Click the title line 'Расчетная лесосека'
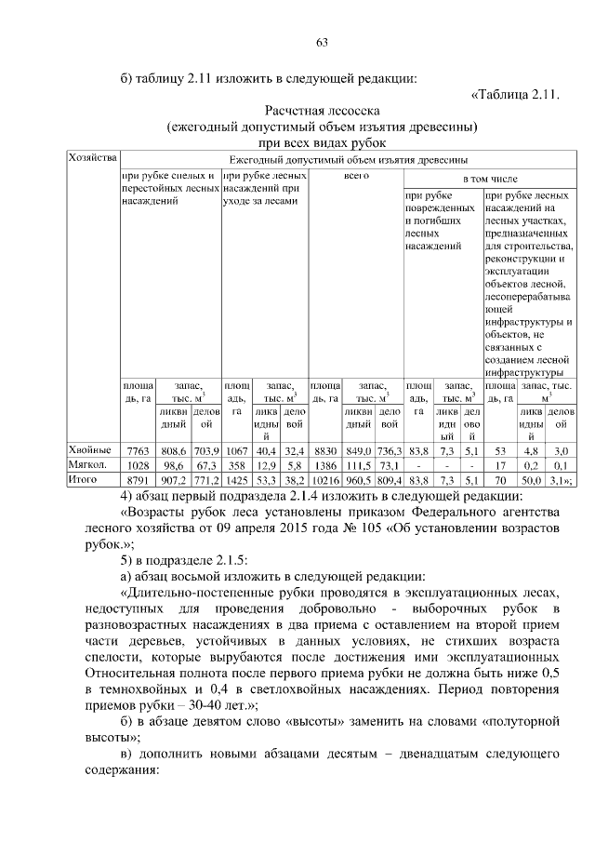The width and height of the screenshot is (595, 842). click(322, 109)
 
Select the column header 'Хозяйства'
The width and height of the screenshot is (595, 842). click(93, 158)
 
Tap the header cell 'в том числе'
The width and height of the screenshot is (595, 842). click(490, 177)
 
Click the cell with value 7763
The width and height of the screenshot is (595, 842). click(138, 450)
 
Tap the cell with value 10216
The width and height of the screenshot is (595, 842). click(324, 480)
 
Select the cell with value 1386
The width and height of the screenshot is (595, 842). click(324, 465)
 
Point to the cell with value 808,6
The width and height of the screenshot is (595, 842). click(174, 450)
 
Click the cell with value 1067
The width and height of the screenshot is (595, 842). click(236, 450)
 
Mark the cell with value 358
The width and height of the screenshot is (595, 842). click(236, 465)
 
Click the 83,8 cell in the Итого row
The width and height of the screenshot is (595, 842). click(418, 480)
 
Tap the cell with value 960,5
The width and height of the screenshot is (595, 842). click(358, 480)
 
